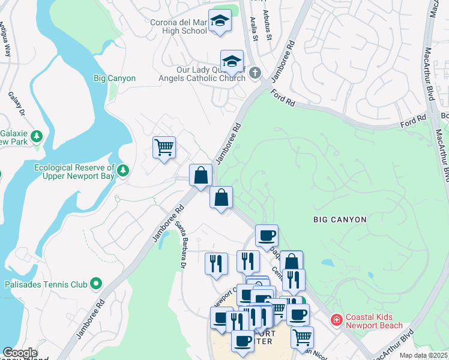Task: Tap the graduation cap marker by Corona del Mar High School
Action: [x=220, y=22]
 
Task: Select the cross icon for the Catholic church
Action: [x=255, y=73]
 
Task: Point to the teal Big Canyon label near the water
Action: [x=115, y=78]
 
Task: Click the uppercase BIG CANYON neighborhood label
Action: [x=340, y=220]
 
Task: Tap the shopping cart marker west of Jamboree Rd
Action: [x=164, y=147]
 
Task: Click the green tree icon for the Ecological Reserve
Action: [x=123, y=171]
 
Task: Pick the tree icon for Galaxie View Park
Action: [x=37, y=137]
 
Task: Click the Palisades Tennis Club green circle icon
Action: [x=96, y=284]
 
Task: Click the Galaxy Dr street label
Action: [x=16, y=104]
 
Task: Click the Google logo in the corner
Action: [x=20, y=353]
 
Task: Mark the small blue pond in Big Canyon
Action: [x=327, y=263]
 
